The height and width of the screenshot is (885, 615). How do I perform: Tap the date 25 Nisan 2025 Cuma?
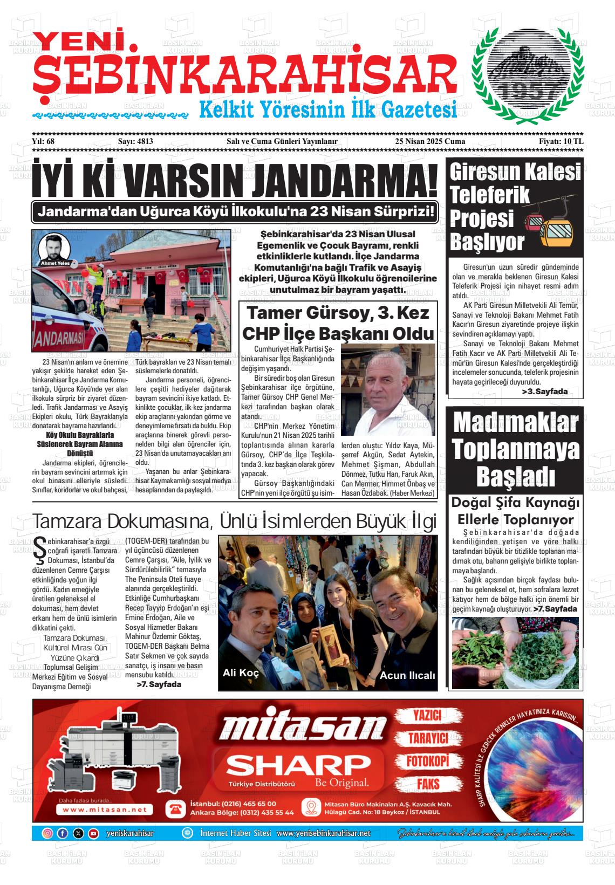click(x=429, y=141)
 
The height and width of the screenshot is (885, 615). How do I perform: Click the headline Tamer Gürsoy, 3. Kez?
click(x=337, y=313)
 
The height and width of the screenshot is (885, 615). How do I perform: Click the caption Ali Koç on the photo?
click(x=241, y=673)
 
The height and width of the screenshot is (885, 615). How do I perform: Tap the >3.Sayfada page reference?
click(x=545, y=392)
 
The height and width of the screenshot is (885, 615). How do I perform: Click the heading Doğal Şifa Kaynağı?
click(x=515, y=503)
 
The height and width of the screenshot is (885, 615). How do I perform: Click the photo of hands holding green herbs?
click(x=515, y=653)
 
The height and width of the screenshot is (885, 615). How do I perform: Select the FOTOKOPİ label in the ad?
click(x=428, y=761)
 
